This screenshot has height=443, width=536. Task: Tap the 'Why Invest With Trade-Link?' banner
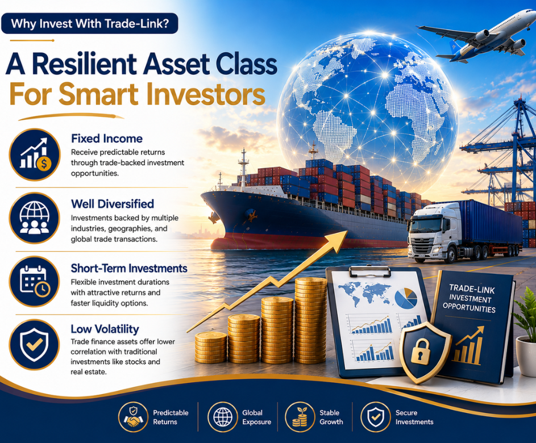point(90,23)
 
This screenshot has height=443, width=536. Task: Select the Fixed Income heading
point(107,139)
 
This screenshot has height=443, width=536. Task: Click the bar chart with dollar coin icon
point(35,154)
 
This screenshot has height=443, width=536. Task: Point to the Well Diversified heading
point(113,204)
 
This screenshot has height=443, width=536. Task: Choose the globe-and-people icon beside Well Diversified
point(35,218)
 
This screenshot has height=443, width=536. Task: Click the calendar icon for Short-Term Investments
point(35,282)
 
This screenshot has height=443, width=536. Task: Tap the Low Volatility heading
point(105,329)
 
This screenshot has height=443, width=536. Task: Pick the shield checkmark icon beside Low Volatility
point(35,345)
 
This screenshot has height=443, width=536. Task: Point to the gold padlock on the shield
point(419,352)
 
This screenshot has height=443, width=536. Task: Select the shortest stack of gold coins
point(210,347)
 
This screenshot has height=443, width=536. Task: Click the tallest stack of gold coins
point(310,320)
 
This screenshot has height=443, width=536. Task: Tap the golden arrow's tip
point(348,231)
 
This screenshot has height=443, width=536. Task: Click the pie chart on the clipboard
point(406,298)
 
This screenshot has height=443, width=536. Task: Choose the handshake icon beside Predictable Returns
point(134,417)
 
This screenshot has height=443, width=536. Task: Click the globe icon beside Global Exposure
point(223,417)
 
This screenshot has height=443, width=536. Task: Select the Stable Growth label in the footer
point(331,417)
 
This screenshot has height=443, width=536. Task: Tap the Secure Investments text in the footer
point(414,417)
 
